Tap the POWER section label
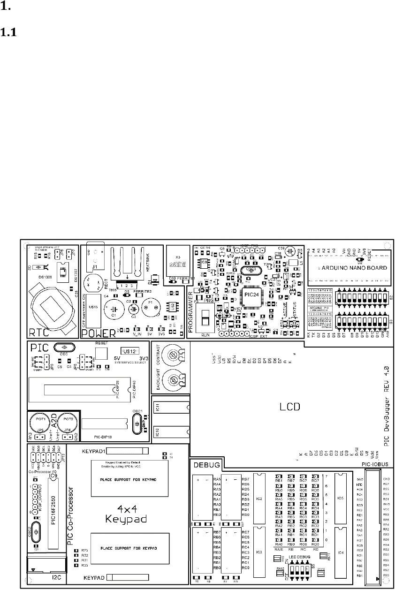point(98,333)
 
